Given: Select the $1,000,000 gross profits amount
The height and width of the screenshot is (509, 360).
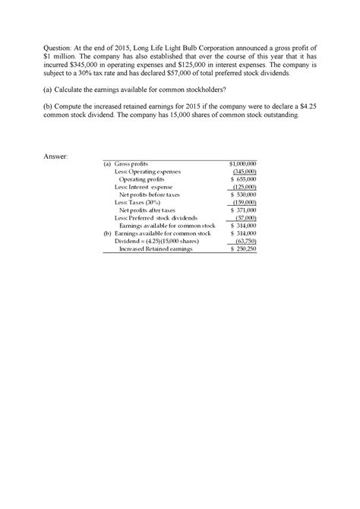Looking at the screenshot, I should pos(243,164).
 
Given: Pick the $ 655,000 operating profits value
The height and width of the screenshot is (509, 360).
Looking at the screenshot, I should pos(244,179).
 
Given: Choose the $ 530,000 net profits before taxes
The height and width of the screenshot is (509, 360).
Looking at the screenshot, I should pos(244,194).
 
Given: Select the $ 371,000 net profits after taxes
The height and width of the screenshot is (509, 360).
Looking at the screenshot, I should pos(244,210).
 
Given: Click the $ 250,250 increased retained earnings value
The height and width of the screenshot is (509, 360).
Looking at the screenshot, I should pos(244,249).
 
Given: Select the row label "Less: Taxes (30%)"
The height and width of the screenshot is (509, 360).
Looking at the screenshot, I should pos(140,203).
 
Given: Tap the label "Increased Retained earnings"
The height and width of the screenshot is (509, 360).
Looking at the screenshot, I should pos(156,249).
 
